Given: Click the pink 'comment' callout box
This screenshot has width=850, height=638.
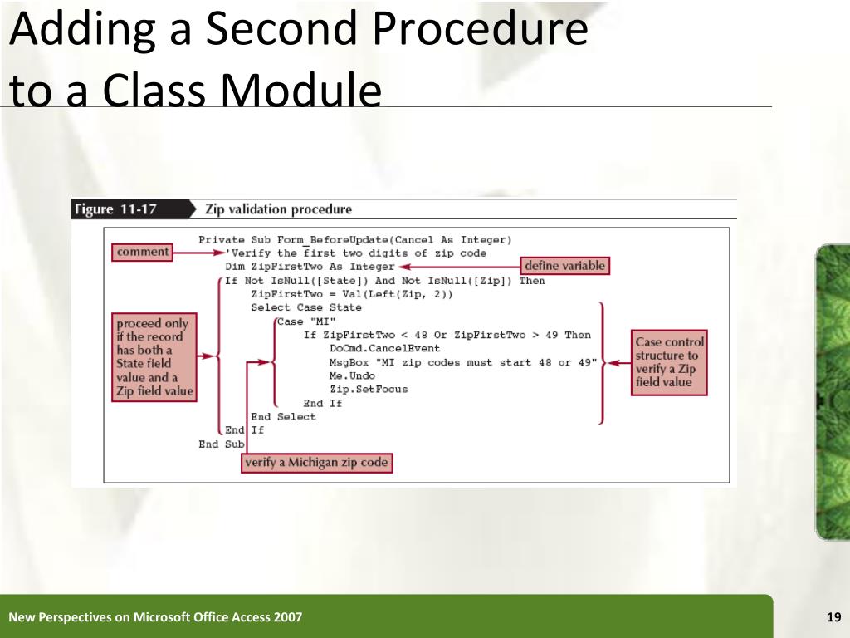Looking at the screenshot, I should click(143, 252).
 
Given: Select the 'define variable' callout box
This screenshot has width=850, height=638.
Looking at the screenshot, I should click(564, 266).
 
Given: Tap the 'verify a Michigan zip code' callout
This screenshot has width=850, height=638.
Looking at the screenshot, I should click(316, 463).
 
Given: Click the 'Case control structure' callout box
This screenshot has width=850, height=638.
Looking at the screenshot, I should click(669, 362).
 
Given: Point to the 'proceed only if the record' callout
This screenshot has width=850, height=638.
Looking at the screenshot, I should click(154, 356).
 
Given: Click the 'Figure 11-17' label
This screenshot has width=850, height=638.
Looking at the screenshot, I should click(115, 209).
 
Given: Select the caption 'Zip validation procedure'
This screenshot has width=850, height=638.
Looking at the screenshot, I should click(278, 209).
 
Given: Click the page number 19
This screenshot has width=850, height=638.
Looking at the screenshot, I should click(833, 616).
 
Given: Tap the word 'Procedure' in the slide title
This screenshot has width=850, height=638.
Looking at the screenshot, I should click(481, 31).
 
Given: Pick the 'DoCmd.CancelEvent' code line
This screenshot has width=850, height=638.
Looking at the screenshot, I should click(384, 349).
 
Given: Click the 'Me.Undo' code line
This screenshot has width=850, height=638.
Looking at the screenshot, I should click(351, 375).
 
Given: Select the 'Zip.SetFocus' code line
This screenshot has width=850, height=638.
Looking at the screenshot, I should click(369, 389).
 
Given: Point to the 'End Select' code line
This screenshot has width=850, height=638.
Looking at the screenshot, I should click(283, 416).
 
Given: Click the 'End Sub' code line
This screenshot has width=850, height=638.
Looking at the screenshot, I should click(221, 444).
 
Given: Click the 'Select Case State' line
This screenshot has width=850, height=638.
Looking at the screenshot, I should click(306, 307).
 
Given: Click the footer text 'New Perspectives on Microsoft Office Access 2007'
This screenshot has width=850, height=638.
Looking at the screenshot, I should click(155, 616).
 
